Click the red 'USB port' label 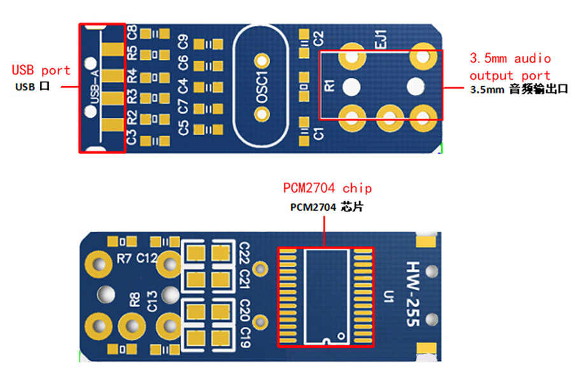pos(41,70)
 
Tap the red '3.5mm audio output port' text pos(510,67)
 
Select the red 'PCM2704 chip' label pos(327,188)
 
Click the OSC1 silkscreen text pos(262,87)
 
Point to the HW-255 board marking pos(413,294)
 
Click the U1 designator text pos(389,296)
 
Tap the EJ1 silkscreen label pos(380,39)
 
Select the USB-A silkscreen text pos(95,87)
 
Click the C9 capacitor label pos(183,41)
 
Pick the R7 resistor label pos(124,258)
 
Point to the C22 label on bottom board pos(244,252)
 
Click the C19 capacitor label pos(245,338)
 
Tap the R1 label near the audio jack pos(329,85)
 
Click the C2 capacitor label pos(318,38)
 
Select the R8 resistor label pos(134,299)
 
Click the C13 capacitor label pos(152,301)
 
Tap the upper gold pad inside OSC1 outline pos(262,61)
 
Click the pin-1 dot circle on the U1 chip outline pos(341,336)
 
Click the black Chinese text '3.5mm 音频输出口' pos(518,89)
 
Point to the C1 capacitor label pos(318,134)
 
